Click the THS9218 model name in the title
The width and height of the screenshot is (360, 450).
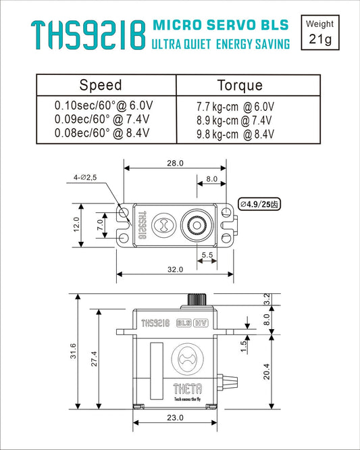coord(88,34)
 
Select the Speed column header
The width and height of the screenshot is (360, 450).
coord(101,85)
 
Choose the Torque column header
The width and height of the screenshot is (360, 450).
coord(240,86)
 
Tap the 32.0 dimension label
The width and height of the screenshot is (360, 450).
coord(175,269)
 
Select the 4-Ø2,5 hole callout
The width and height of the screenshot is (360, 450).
coord(86,177)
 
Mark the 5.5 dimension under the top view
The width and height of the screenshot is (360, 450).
coord(207,255)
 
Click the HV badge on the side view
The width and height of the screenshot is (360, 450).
coord(201,323)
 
